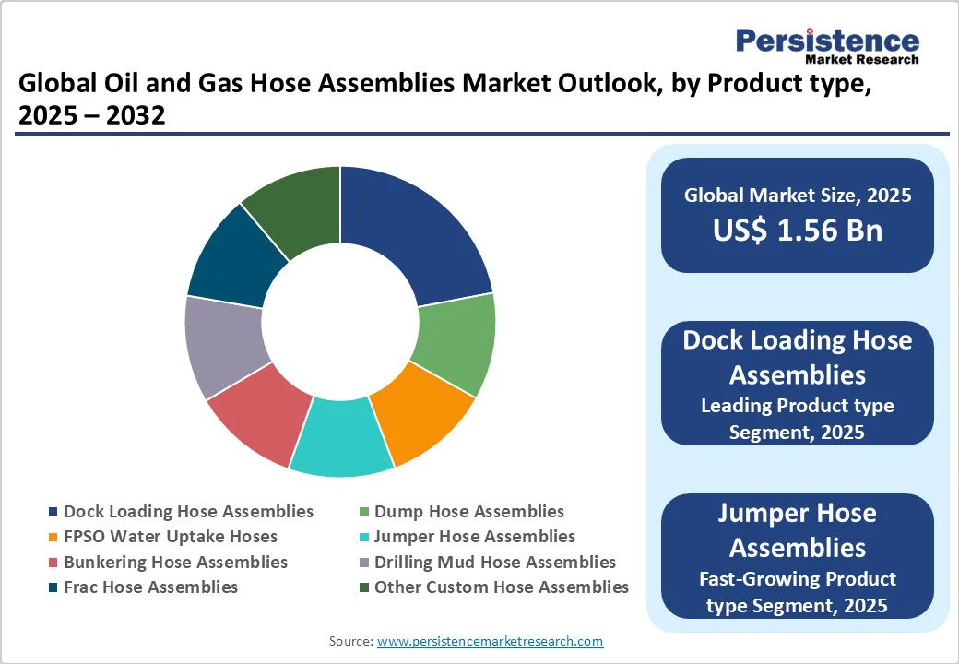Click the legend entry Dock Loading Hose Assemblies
[188, 511]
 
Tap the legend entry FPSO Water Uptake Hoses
[170, 536]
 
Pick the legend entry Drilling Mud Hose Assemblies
[494, 562]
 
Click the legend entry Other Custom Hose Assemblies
[501, 587]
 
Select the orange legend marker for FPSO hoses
[53, 537]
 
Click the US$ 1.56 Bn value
[797, 231]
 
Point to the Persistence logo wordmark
[827, 41]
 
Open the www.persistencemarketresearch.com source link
[490, 641]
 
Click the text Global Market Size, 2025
[797, 195]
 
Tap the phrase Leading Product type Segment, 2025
[797, 418]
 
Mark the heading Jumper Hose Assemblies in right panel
[797, 530]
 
